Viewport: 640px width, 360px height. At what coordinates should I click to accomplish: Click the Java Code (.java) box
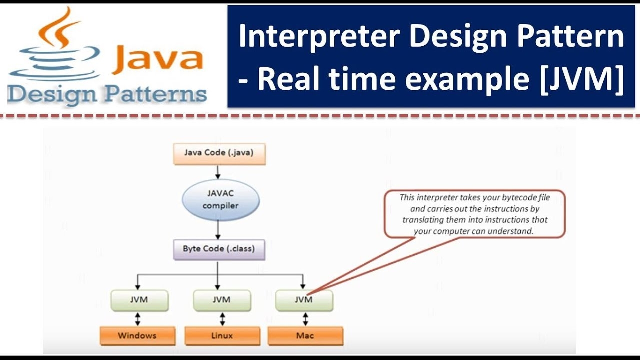coord(219,153)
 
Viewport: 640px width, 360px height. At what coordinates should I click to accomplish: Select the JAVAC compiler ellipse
coord(220,200)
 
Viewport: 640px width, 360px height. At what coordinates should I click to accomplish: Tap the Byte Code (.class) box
coord(219,249)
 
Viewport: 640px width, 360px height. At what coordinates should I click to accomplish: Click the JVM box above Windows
coord(139,300)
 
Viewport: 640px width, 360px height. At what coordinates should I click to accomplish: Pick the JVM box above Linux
coord(221,300)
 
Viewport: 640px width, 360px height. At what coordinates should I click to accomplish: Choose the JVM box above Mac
coord(304,300)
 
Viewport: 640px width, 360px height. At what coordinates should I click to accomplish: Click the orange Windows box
coord(137,335)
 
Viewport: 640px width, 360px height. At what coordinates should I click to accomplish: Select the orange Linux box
coord(222,335)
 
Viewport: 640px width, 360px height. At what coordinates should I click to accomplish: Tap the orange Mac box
coord(305,335)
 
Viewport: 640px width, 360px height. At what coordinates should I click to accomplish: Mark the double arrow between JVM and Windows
coord(138,319)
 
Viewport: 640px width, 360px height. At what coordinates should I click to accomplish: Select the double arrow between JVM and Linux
coord(222,319)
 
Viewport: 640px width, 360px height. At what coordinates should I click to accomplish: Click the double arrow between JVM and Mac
coord(305,319)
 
